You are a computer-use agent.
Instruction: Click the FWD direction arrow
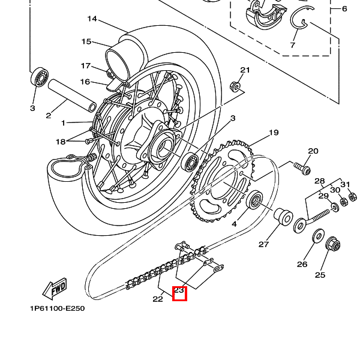tap(55, 289)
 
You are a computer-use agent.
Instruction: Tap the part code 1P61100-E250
tap(58, 308)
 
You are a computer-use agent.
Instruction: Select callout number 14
tap(92, 19)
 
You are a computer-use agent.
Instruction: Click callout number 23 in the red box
tap(179, 290)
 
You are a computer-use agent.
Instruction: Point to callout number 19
tap(274, 133)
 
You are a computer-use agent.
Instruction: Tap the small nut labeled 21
tap(235, 87)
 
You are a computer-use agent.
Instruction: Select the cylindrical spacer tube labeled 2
tap(72, 95)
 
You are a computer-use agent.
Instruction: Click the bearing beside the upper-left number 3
tap(40, 77)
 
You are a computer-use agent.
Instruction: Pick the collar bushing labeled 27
tap(283, 217)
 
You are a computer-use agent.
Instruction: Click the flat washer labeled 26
tap(319, 235)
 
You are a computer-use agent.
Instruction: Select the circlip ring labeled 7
tap(301, 17)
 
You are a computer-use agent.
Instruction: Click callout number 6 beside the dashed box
tap(344, 9)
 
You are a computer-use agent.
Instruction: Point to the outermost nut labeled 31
tap(352, 197)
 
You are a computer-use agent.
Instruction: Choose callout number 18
tap(61, 142)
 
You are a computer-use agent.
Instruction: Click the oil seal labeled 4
tap(254, 199)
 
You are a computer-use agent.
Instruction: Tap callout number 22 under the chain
tap(158, 299)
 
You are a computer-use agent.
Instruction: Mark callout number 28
tap(320, 181)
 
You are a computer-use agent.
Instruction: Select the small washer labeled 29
tap(335, 208)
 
